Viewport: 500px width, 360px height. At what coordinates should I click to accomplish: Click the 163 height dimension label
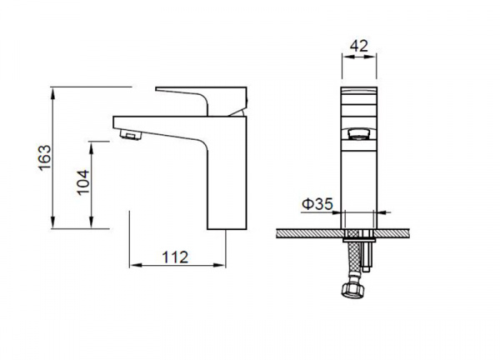tap(45, 157)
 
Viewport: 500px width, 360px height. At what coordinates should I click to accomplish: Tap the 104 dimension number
tap(83, 182)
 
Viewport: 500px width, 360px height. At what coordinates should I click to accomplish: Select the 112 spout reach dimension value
tap(175, 257)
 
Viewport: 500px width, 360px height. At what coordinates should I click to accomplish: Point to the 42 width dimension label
tap(359, 46)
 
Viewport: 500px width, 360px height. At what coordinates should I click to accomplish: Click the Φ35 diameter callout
tap(317, 204)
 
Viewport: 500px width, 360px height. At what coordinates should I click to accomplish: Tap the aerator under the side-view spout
tap(131, 134)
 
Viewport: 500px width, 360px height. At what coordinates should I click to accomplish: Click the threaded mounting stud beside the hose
tap(367, 252)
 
